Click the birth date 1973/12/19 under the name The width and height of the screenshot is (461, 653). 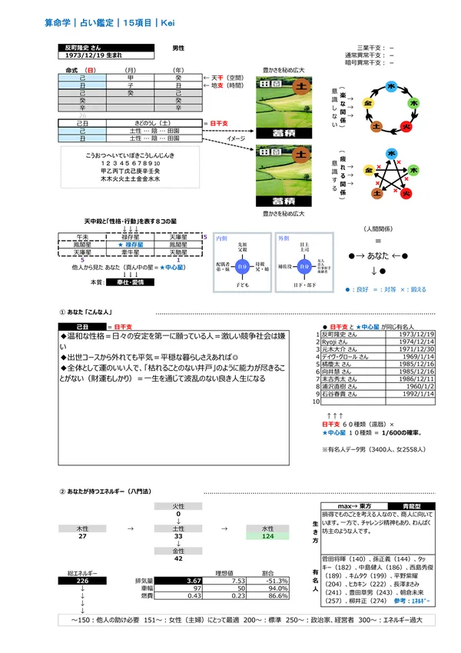point(88,56)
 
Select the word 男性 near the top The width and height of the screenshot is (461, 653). point(178,48)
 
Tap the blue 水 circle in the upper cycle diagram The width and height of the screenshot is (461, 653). point(391,87)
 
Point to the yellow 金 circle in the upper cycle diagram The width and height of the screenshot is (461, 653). point(369,102)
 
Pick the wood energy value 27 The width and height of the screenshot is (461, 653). point(81,536)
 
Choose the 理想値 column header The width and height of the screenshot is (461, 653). point(224,573)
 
